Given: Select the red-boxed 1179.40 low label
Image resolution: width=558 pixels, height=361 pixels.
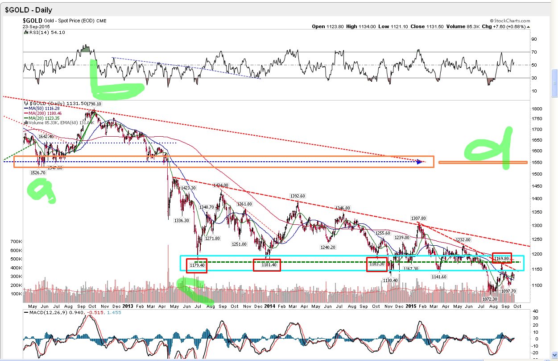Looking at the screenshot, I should [197, 265].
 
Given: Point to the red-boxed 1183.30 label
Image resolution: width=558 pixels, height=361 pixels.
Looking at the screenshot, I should [377, 264].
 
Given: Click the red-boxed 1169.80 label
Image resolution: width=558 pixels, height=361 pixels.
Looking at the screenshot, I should [502, 258].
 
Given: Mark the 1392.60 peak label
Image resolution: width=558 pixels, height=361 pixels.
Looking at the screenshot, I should [298, 196].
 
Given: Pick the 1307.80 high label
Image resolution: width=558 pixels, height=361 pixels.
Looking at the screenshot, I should [419, 218].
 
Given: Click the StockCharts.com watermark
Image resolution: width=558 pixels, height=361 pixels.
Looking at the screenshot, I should [511, 21].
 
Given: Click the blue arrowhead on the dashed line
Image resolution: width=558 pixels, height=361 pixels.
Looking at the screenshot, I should [419, 161].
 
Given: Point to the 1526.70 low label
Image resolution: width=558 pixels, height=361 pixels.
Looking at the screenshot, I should [38, 172].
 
